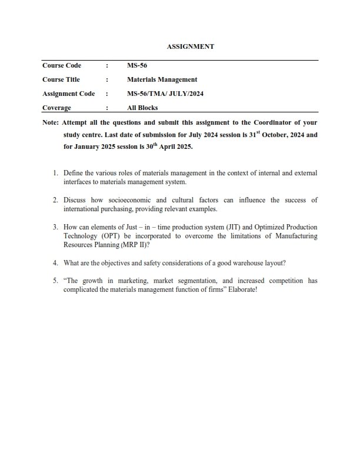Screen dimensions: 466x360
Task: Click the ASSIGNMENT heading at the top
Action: point(180,46)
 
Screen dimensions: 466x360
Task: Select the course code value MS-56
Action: point(137,65)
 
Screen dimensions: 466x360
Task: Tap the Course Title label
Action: point(61,79)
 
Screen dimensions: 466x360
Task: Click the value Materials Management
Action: point(162,79)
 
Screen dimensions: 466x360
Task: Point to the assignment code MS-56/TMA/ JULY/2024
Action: point(165,94)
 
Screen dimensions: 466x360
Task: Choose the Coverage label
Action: point(56,108)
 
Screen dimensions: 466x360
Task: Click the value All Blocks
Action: point(142,108)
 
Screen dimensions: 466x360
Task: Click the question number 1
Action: point(55,174)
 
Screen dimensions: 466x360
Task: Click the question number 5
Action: point(55,281)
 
